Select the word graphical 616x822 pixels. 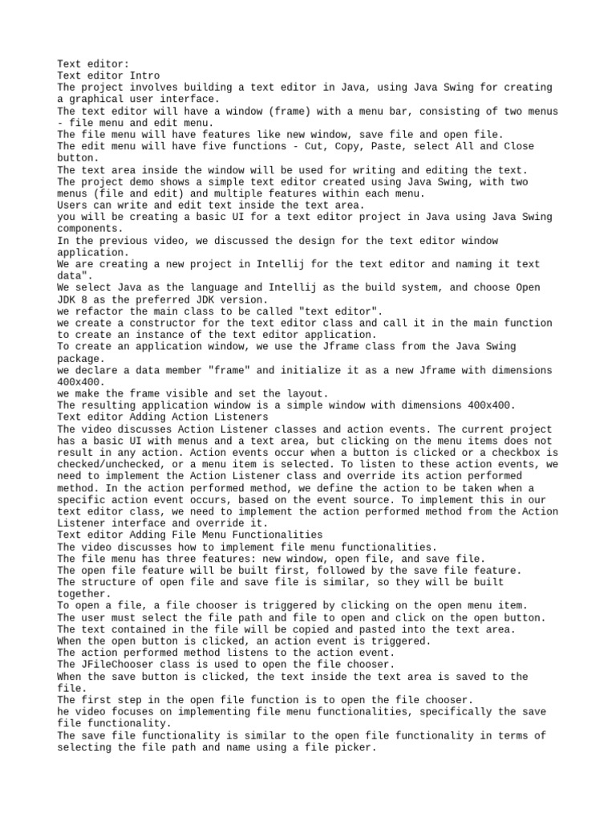coord(97,99)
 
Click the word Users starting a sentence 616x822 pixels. coord(73,205)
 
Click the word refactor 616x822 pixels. coord(103,311)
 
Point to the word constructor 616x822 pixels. coord(156,323)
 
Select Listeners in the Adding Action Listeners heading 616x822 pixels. coord(239,417)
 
